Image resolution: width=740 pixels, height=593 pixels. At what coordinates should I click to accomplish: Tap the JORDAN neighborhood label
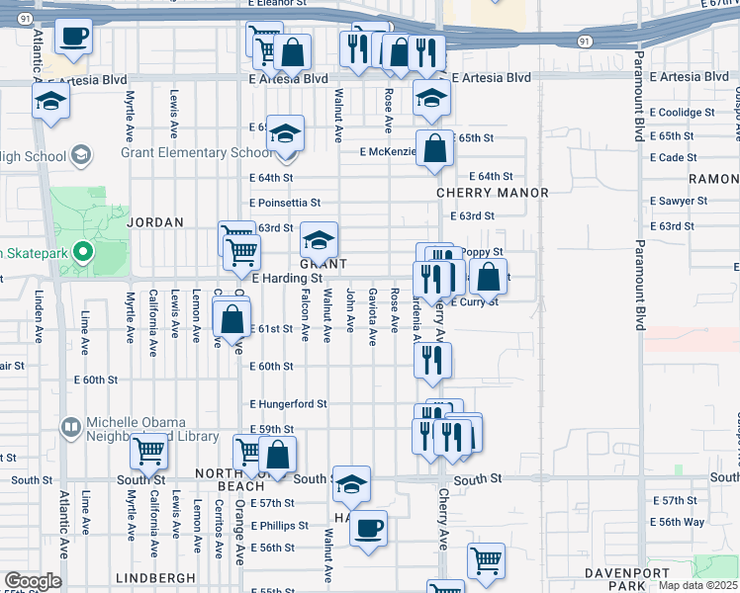point(155,223)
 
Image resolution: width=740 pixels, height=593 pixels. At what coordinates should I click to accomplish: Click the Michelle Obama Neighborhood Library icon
point(70,427)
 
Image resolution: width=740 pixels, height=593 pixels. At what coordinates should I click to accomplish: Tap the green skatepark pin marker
point(83,253)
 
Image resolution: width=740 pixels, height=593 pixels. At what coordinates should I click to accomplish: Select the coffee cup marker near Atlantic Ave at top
point(73,38)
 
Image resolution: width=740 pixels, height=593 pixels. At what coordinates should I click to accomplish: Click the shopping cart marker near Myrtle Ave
point(148,452)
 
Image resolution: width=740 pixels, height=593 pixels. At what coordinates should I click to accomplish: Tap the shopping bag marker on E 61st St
point(231,320)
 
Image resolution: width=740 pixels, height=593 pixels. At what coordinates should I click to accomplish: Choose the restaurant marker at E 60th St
point(432,362)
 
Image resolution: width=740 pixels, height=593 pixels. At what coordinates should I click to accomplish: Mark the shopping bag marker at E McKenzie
point(434,149)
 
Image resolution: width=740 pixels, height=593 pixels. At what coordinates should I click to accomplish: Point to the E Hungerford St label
point(288,404)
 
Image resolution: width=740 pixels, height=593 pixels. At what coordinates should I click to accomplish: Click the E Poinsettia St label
point(285,203)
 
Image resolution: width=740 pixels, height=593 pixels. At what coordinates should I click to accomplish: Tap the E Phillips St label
point(279,526)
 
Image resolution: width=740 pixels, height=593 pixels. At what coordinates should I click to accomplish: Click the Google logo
point(32,581)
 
